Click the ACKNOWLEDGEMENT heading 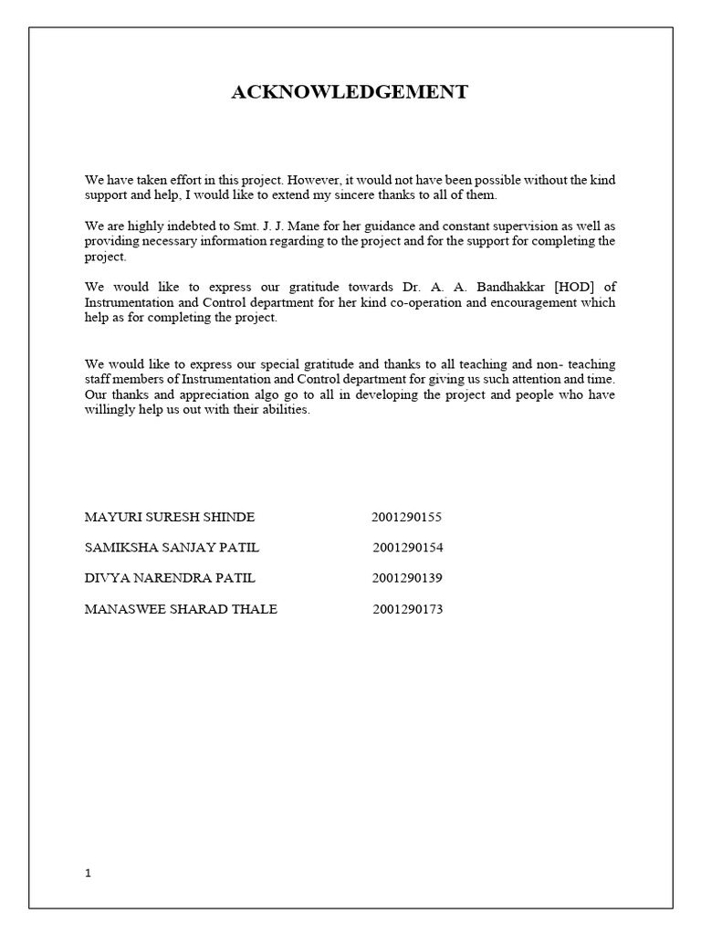tap(350, 92)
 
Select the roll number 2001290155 tap(406, 517)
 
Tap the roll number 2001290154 tap(407, 548)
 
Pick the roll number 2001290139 tap(406, 578)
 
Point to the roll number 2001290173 tap(407, 609)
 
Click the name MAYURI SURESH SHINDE tap(170, 517)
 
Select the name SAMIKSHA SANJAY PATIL tap(173, 548)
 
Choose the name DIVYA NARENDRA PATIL tap(170, 578)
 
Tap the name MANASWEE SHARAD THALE tap(181, 609)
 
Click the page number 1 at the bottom tap(88, 872)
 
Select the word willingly tap(114, 410)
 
